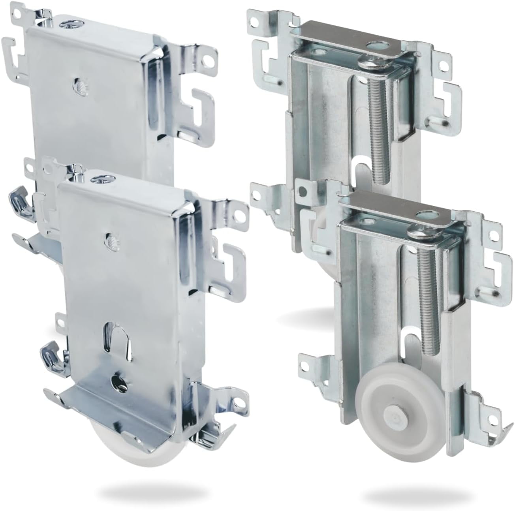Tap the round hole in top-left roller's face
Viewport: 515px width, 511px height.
pos(78,84)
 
